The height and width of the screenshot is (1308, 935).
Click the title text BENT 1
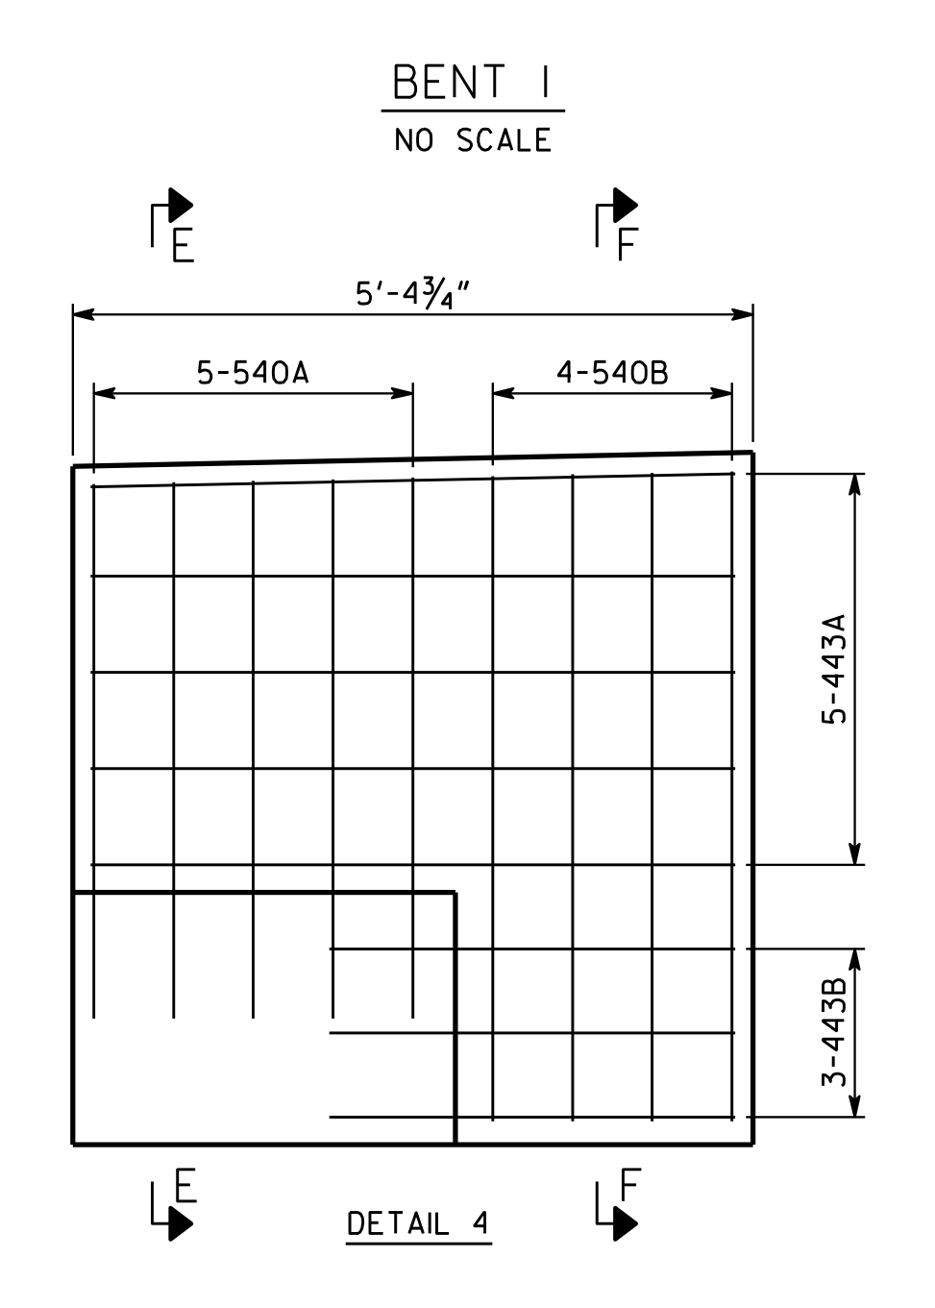[471, 82]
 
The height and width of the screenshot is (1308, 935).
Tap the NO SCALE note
[473, 140]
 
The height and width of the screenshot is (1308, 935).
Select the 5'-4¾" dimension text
[412, 294]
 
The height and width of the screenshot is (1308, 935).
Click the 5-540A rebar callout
[253, 373]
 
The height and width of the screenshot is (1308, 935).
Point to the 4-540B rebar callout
[612, 373]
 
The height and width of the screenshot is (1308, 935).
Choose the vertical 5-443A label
[833, 669]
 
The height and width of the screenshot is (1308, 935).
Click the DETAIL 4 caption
[418, 1223]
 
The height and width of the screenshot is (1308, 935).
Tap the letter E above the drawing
[183, 245]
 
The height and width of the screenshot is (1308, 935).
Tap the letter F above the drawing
[627, 244]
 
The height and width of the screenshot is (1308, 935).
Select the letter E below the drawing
[185, 1185]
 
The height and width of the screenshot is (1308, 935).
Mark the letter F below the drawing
[630, 1184]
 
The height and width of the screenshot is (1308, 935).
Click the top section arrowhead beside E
[180, 205]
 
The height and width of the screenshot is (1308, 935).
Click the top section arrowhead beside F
[625, 205]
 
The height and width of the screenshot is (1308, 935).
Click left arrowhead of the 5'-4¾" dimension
[84, 314]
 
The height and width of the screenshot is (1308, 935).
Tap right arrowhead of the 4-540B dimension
[722, 393]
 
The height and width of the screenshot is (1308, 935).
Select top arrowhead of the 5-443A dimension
[854, 484]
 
